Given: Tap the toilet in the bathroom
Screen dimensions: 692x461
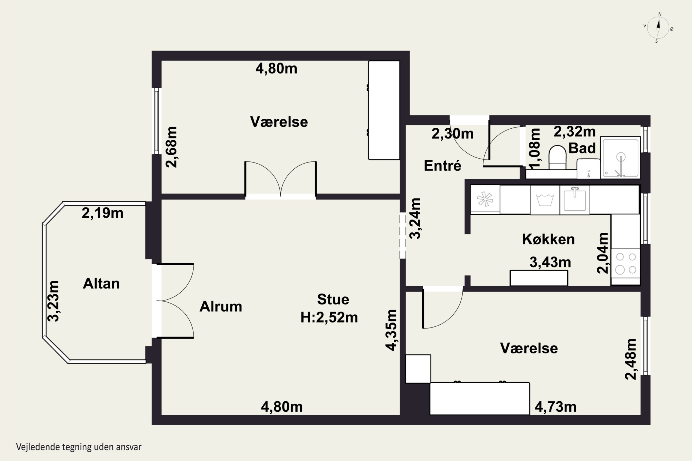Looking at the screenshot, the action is coord(557,157).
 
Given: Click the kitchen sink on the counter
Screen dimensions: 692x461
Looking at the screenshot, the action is coord(575,200).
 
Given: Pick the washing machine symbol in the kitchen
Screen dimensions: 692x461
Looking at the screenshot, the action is coord(545,200).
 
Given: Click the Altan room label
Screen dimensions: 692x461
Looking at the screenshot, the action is coord(101,284).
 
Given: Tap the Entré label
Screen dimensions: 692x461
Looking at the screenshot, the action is coord(442,166).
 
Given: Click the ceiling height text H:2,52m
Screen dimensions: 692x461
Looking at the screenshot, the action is coord(329,318).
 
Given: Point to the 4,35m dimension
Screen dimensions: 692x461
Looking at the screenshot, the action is coord(391,330).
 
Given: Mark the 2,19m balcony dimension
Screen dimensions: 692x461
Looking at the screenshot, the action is coord(102,213).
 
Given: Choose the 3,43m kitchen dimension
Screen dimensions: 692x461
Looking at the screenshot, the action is coord(550,262).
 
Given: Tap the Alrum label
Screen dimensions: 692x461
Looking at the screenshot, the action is coord(221,307).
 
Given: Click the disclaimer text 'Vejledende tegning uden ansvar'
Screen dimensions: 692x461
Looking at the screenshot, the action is coord(79,447).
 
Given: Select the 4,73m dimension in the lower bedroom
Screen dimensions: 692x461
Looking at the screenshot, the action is coord(555,407).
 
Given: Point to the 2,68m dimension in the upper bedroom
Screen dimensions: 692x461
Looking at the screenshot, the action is coord(172,147).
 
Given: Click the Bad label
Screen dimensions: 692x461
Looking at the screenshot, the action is coord(582,148).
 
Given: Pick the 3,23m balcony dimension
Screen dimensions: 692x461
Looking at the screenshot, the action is coord(53,301).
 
